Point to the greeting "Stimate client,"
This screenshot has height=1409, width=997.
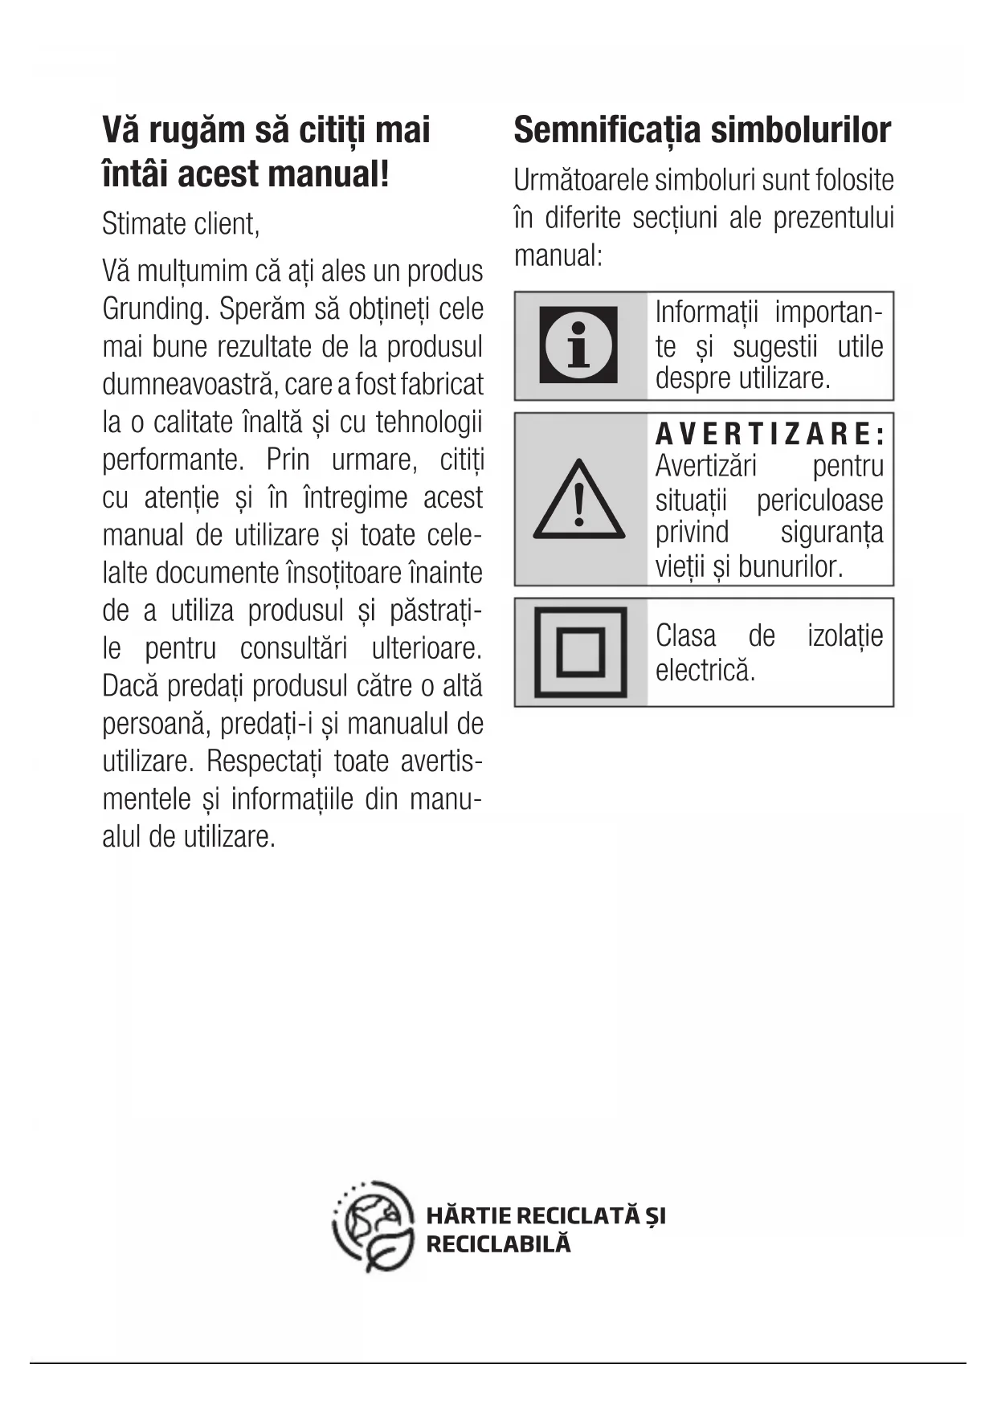tap(181, 224)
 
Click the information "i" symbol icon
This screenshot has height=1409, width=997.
tap(578, 345)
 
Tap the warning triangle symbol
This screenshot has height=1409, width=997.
tap(578, 500)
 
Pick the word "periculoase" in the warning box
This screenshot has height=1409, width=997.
tap(819, 500)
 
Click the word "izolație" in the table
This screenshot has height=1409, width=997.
tap(845, 636)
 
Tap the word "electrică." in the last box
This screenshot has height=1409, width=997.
tap(705, 670)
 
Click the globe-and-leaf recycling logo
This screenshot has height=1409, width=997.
tap(374, 1227)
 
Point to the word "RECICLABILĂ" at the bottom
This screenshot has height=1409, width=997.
tap(498, 1244)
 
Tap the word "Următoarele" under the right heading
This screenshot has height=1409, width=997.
tap(581, 181)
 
